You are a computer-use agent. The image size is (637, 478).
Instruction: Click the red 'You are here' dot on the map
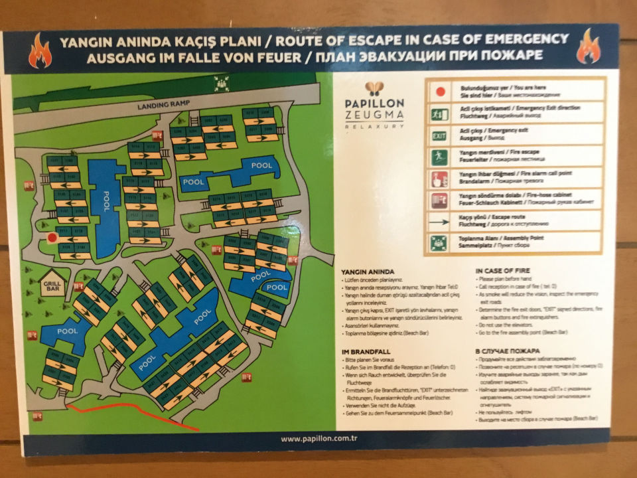[51, 238]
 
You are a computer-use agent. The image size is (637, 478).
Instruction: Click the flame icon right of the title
[588, 47]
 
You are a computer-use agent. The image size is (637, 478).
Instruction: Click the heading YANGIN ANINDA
[368, 272]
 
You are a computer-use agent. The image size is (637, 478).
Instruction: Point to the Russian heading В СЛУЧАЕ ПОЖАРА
[508, 351]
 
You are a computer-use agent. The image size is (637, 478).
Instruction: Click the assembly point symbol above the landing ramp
[221, 84]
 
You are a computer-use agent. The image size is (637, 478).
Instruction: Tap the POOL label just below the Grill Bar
[67, 330]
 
